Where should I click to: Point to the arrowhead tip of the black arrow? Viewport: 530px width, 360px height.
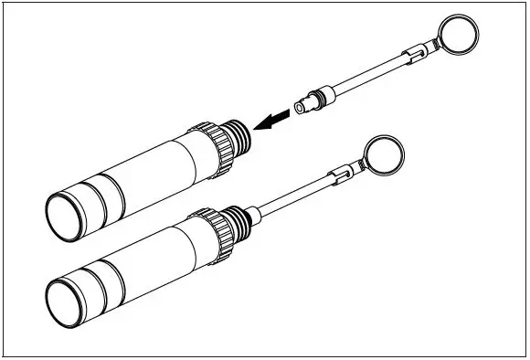pyautogui.click(x=258, y=125)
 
